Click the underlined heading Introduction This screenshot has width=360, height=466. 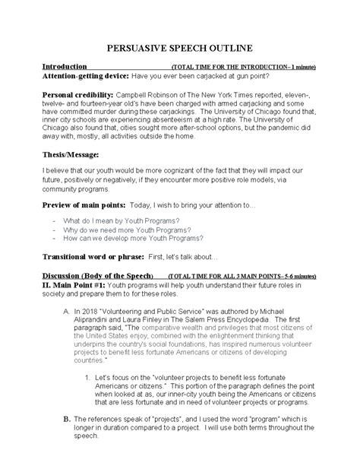point(65,68)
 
